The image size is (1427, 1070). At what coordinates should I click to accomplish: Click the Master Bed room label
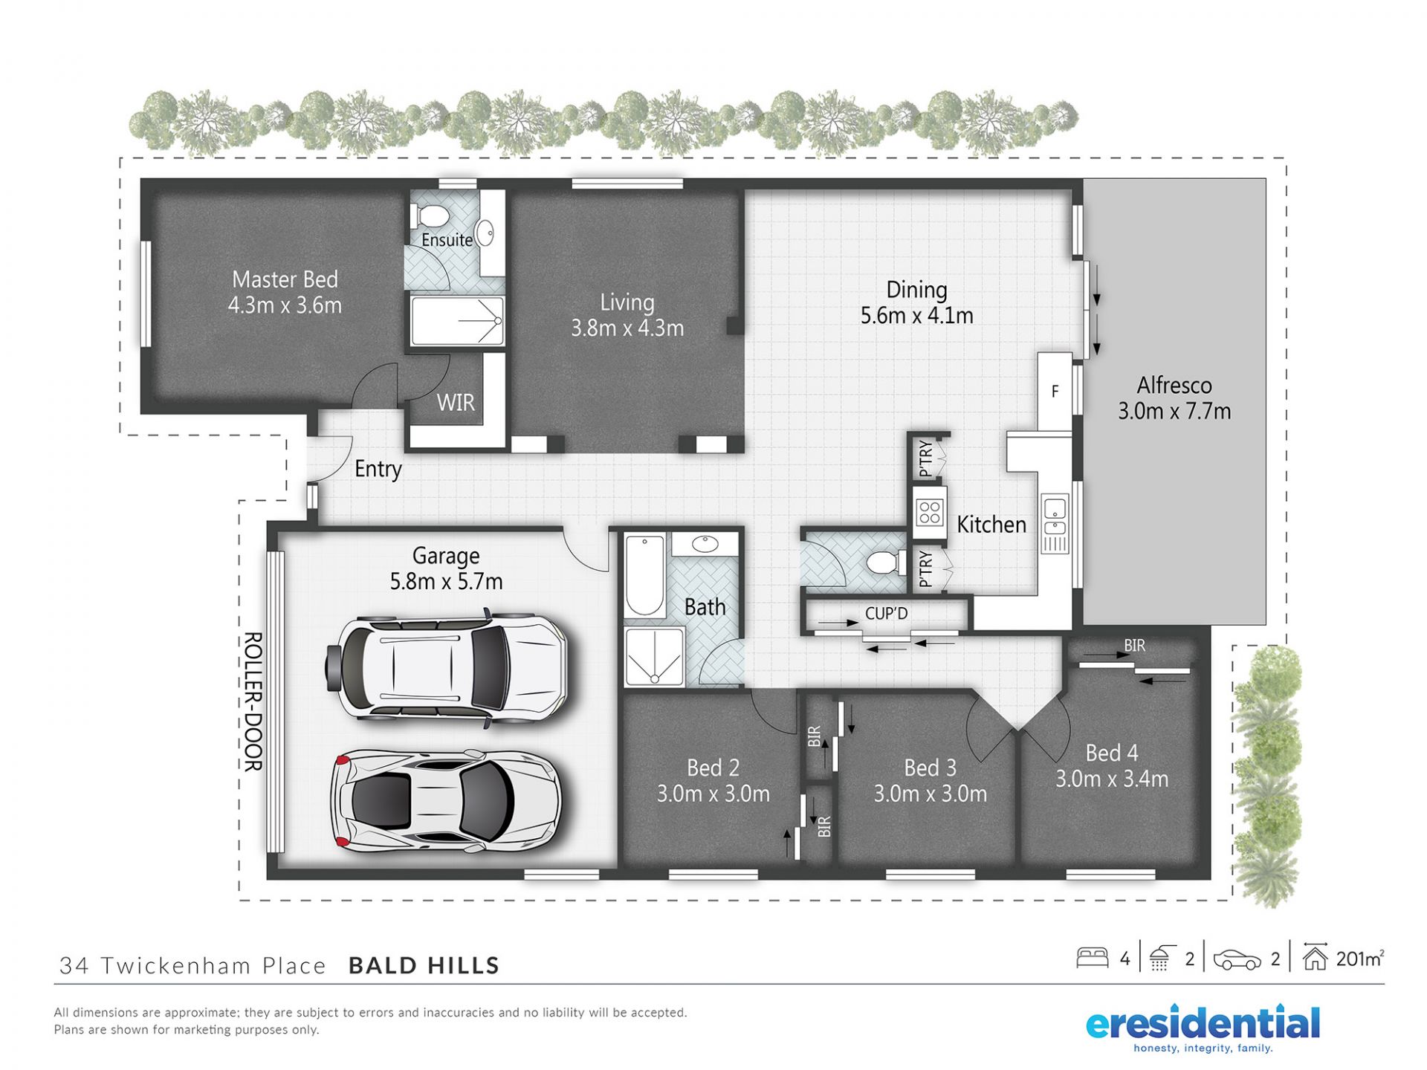coord(285,279)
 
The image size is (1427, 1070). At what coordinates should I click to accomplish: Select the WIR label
coord(456,403)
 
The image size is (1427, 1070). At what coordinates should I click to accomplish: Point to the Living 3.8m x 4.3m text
coord(627,315)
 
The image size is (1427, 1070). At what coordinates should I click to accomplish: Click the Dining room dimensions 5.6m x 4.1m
coord(916,316)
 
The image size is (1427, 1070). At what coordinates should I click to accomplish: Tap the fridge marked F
coord(1055,392)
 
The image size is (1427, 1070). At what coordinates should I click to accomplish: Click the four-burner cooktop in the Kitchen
coord(930,512)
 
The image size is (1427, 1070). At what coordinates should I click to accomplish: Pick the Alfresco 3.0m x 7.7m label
coord(1174,398)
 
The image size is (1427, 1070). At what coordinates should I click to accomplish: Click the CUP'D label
coord(886,614)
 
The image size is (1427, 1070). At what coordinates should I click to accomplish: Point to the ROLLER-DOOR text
coord(253,701)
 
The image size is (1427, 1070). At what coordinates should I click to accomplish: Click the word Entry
coord(378,469)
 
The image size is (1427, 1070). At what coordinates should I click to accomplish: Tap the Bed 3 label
coord(930,768)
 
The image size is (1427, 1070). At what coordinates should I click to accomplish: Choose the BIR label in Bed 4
coord(1134,646)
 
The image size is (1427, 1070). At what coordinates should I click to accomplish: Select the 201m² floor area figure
coord(1360,959)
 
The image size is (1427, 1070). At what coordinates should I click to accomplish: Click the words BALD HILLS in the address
coord(424,965)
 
